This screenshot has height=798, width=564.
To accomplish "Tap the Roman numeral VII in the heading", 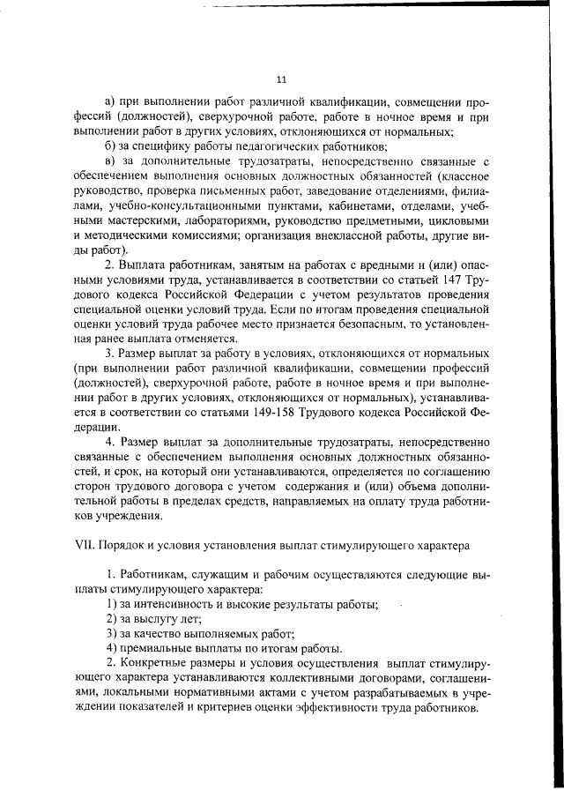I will (84, 547).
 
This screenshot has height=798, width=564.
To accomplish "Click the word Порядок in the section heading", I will (123, 547).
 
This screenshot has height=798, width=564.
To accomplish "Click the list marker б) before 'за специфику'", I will (110, 146).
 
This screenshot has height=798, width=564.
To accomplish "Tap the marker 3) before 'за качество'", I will (112, 633).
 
